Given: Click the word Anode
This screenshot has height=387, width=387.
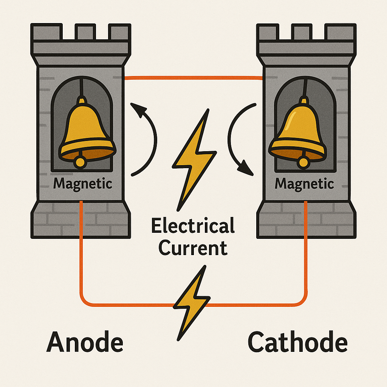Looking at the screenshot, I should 85,342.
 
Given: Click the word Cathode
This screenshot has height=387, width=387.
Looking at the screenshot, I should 297,342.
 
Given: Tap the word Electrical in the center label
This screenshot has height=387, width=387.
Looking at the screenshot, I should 192,226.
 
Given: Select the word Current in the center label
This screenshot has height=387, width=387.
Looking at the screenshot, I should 193,248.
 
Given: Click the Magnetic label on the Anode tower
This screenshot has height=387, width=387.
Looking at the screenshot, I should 83,184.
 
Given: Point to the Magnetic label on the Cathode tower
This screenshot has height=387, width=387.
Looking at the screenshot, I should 304,184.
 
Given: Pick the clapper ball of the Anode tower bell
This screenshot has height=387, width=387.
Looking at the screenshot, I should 80,162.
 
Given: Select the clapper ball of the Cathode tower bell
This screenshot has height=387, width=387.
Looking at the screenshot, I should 303,163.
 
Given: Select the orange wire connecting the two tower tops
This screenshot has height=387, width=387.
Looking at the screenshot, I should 193,78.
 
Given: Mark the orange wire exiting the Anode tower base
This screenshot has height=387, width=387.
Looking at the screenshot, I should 81,257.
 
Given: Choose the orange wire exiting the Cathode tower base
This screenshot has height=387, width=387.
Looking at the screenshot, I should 306,257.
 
